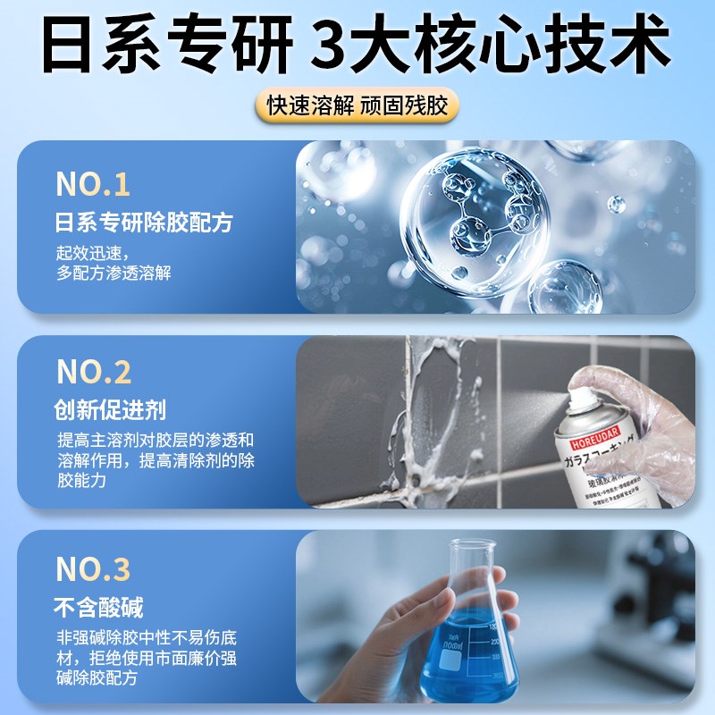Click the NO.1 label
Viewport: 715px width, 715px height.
pos(93,184)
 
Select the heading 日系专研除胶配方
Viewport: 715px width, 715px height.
pos(143,221)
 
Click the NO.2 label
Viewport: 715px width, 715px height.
pos(94,372)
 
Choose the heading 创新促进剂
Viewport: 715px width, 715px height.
pos(111,409)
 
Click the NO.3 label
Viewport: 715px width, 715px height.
pos(93,568)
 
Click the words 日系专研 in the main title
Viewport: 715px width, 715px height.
pos(161,43)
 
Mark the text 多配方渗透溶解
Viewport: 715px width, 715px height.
pos(114,273)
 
